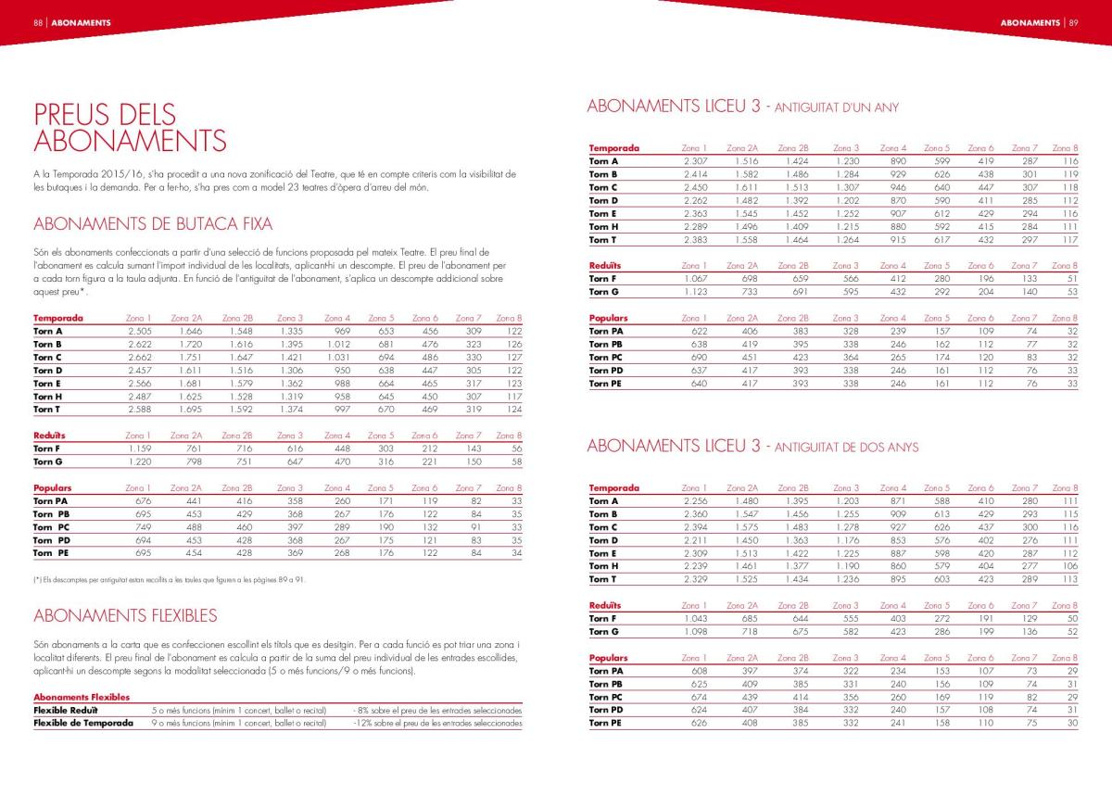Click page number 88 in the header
click(38, 22)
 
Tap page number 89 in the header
click(1073, 22)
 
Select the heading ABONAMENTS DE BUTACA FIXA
click(153, 223)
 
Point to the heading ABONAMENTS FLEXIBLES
click(125, 615)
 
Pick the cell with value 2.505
click(138, 331)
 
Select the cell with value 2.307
click(694, 161)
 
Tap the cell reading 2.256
click(694, 501)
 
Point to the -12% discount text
click(437, 724)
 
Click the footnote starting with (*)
click(169, 580)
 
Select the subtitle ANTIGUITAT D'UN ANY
click(836, 107)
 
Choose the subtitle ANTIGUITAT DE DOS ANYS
click(846, 448)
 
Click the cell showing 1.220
click(138, 461)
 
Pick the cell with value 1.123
click(694, 292)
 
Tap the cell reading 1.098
click(694, 632)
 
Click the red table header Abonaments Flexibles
click(82, 697)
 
